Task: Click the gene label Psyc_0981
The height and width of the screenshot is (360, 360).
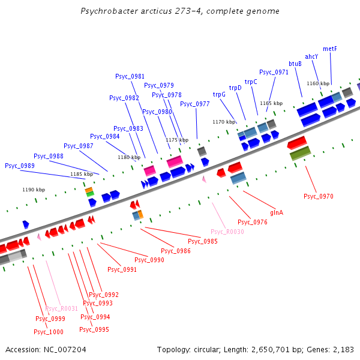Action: pyautogui.click(x=130, y=76)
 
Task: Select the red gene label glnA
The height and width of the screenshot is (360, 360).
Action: pyautogui.click(x=277, y=212)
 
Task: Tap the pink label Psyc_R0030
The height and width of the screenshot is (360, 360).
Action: pyautogui.click(x=227, y=232)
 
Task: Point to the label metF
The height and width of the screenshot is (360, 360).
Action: pyautogui.click(x=330, y=49)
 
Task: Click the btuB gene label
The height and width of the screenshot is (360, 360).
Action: pyautogui.click(x=295, y=64)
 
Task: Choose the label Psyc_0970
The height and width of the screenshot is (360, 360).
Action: pyautogui.click(x=318, y=196)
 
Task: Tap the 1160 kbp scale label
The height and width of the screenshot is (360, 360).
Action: pyautogui.click(x=317, y=83)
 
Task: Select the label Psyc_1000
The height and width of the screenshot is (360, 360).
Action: pyautogui.click(x=49, y=332)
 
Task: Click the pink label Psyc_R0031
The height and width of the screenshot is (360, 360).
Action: pyautogui.click(x=62, y=308)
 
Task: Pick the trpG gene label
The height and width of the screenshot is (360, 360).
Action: pyautogui.click(x=219, y=94)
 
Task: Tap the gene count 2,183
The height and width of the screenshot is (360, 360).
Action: pyautogui.click(x=344, y=349)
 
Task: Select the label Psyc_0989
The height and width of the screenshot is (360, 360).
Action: pyautogui.click(x=20, y=166)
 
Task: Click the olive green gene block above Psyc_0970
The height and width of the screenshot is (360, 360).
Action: pyautogui.click(x=299, y=154)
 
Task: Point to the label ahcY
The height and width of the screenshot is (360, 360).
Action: pyautogui.click(x=311, y=56)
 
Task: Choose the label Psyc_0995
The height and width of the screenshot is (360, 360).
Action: pyautogui.click(x=94, y=329)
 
